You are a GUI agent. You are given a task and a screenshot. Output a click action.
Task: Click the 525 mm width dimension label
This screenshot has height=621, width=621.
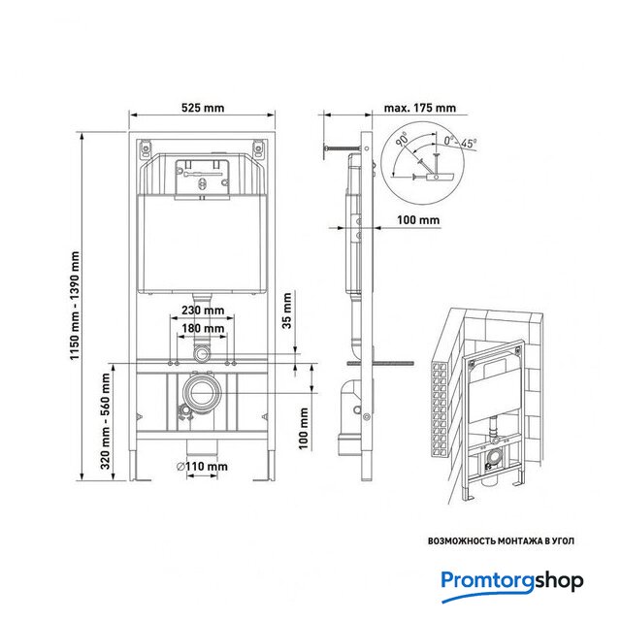click(203, 108)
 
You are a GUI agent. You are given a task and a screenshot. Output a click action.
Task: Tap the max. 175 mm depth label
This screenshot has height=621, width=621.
click(420, 108)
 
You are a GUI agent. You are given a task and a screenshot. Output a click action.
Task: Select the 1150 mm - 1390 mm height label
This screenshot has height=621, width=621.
click(75, 306)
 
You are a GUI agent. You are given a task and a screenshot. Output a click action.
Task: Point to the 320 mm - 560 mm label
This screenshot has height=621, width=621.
click(105, 421)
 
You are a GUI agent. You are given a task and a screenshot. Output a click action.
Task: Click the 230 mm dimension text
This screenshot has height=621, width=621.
click(203, 310)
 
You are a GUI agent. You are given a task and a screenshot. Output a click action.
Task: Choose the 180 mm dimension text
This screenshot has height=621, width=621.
click(203, 328)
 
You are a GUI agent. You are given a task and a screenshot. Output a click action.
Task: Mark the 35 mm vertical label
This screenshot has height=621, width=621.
click(286, 310)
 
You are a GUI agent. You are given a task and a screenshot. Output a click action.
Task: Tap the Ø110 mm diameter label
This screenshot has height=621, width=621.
click(202, 467)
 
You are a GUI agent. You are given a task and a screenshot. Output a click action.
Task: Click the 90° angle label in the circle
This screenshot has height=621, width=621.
click(402, 140)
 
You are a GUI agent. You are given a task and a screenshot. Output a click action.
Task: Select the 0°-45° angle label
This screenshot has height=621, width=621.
click(460, 142)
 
